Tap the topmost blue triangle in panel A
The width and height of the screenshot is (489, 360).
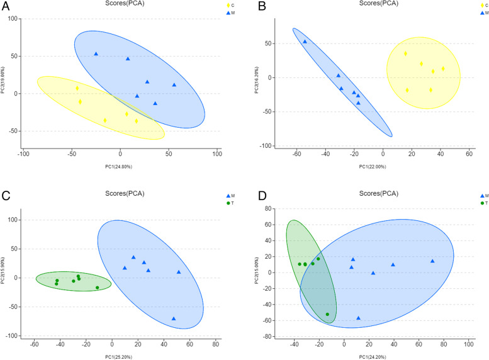[x=96, y=54]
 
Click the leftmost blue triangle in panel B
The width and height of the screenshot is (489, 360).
[x=305, y=42]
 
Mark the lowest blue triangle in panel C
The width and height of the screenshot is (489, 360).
[x=174, y=318]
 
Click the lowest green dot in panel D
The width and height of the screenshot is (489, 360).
[x=327, y=314]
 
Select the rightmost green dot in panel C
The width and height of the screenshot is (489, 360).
[x=98, y=288]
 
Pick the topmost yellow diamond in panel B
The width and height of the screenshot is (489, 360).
[x=406, y=54]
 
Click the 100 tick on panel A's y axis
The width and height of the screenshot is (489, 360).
[x=15, y=18]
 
